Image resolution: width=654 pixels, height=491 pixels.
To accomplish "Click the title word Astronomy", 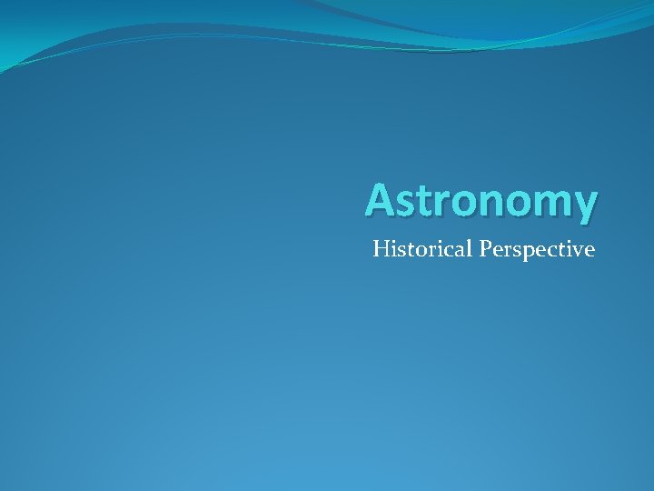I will [x=481, y=201].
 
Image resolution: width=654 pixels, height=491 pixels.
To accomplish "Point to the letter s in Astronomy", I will [x=405, y=203].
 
